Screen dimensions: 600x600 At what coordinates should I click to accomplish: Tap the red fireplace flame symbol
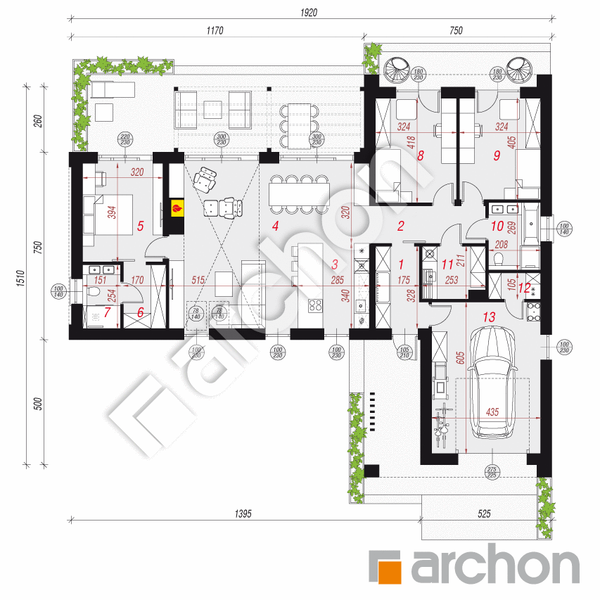pos(178,208)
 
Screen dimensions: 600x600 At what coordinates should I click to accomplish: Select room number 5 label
pos(141,226)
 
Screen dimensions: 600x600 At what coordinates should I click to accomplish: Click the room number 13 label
pos(490,318)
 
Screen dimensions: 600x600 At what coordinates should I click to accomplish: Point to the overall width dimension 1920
pos(309,12)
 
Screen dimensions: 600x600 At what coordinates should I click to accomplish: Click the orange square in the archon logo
pos(385,568)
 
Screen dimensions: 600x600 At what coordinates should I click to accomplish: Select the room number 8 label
pos(421,156)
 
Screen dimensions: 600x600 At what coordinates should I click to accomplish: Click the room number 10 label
pos(497,226)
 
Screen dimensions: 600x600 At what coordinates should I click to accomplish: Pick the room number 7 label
pos(108,312)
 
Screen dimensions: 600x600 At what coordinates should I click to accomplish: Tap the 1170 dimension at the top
pos(214,30)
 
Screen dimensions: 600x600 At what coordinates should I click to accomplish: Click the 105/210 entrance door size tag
pos(404,351)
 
